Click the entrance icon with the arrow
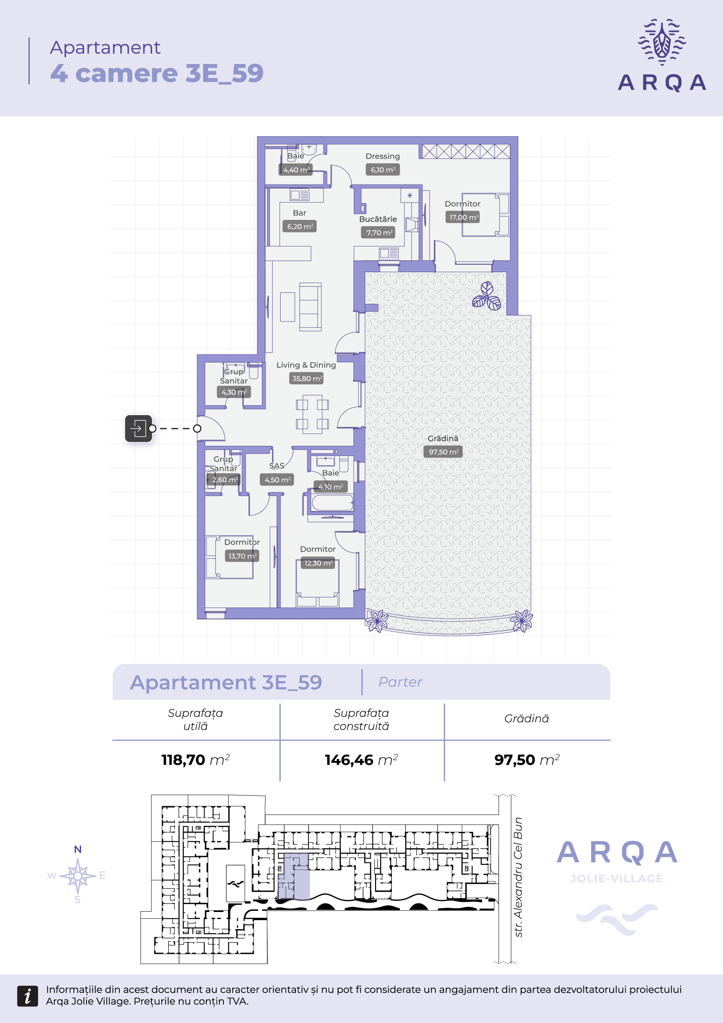(138, 428)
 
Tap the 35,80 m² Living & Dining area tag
(307, 378)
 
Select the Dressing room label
(383, 156)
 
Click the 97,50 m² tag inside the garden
(443, 452)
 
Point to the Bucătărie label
(378, 219)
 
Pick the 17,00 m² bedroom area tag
(463, 217)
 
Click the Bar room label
(299, 213)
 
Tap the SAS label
(276, 466)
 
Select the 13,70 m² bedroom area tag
(242, 556)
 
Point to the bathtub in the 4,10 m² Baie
(332, 503)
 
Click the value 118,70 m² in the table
(196, 760)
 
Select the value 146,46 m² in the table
(361, 760)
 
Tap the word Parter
(400, 682)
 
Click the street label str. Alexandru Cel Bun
(518, 877)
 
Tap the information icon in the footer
(28, 996)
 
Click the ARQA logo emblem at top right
(661, 42)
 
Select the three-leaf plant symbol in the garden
(487, 296)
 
